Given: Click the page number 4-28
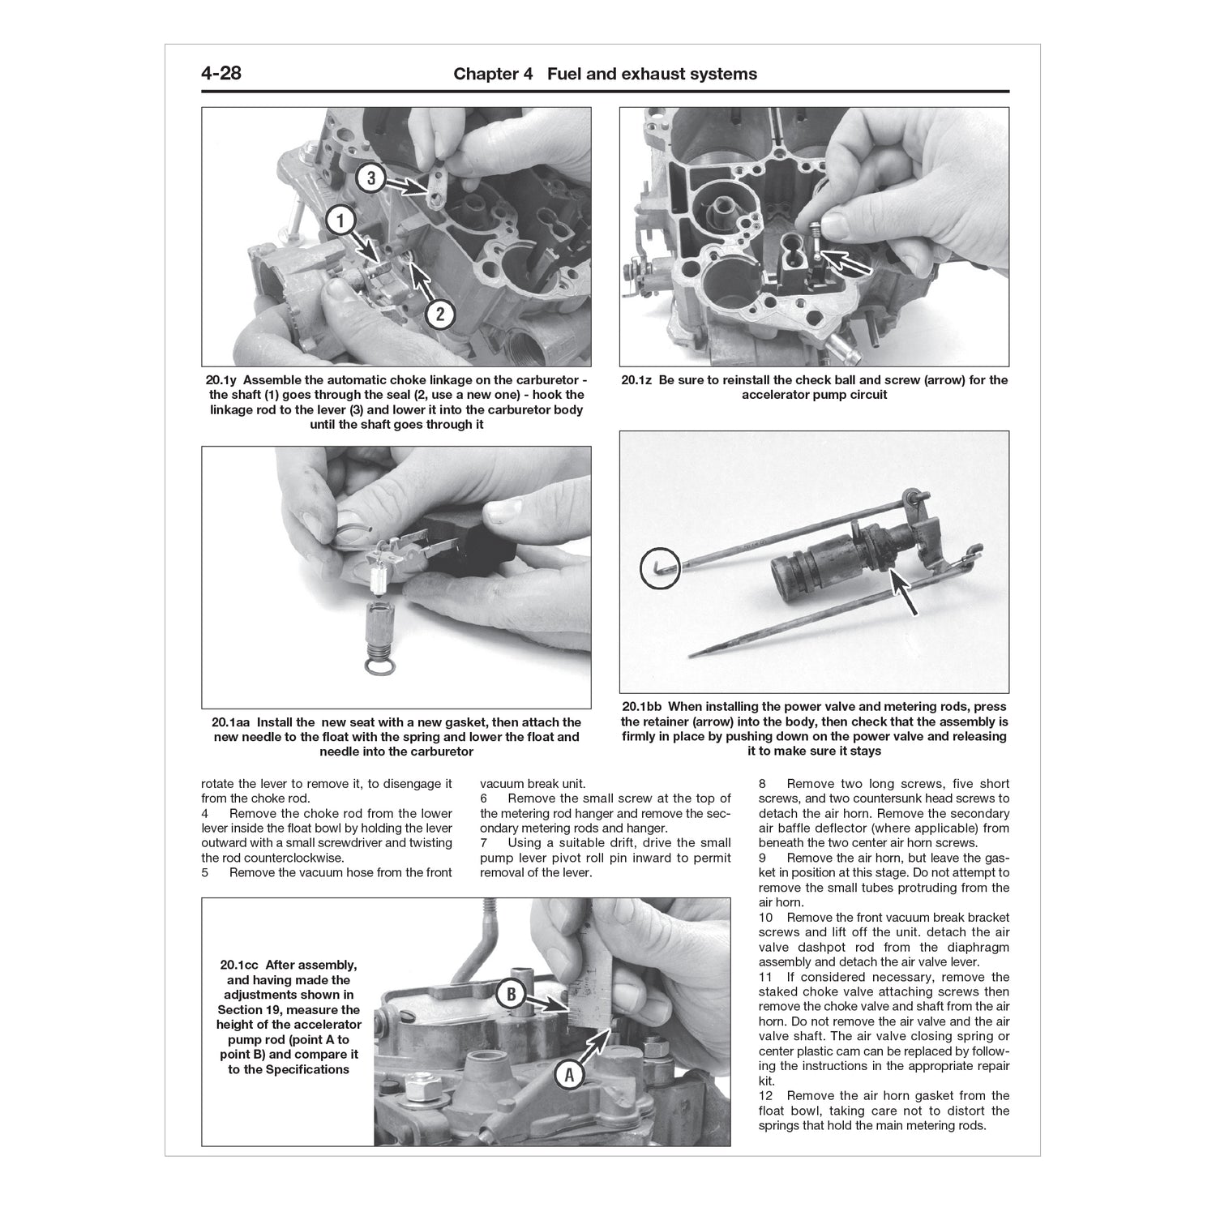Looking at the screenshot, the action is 221,74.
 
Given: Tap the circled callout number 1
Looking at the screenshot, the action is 341,220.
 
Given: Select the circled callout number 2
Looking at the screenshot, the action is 440,314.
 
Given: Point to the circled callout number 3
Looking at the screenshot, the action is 370,178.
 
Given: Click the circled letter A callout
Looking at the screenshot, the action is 568,1075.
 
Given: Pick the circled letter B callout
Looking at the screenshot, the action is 512,995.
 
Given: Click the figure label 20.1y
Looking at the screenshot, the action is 222,380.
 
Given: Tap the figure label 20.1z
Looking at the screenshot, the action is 638,380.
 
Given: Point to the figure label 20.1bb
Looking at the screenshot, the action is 641,707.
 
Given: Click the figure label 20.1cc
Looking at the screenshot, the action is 240,966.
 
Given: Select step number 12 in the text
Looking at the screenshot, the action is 765,1096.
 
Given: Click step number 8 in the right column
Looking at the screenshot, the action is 763,785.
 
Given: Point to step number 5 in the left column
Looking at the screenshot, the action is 205,873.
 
